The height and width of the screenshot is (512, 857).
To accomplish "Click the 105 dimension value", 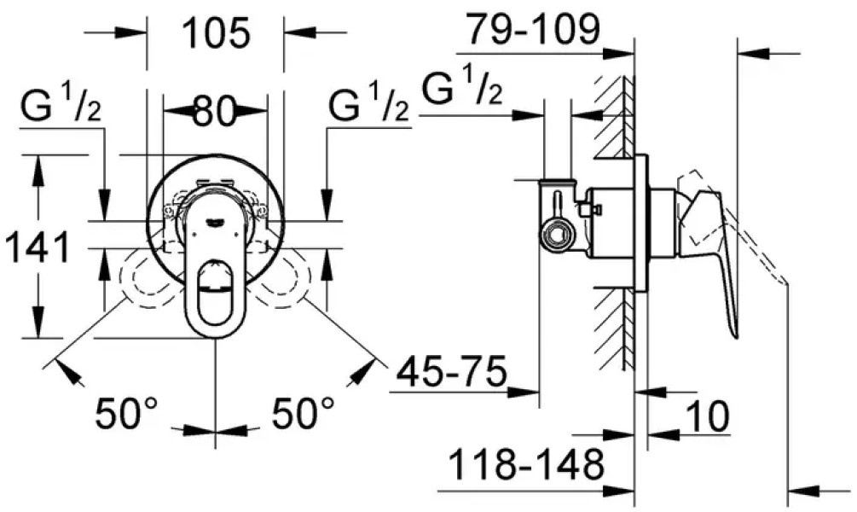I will tap(217, 34).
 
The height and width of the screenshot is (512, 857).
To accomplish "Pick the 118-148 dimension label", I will tap(525, 467).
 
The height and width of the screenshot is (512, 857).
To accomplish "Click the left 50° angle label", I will tap(127, 416).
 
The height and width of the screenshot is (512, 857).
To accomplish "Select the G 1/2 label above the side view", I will tap(460, 89).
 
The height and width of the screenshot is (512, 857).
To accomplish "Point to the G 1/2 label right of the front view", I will tap(369, 108).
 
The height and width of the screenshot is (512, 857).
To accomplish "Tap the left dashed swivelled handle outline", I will tap(145, 282).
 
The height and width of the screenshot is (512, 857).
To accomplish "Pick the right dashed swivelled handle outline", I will tap(284, 282).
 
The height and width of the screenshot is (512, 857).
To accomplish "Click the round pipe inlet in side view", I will tap(557, 232).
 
